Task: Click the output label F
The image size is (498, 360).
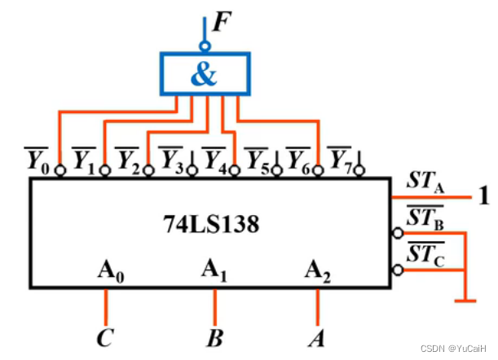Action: point(221,21)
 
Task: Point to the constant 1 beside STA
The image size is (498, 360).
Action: point(484,196)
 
